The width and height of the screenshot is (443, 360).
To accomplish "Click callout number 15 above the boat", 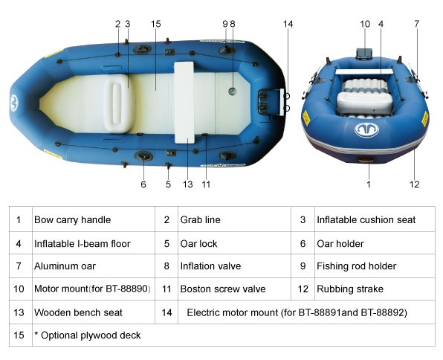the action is click(x=155, y=24).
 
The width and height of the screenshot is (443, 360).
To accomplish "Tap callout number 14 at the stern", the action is click(x=288, y=24).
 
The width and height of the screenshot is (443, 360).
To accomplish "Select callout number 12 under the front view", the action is click(x=415, y=184).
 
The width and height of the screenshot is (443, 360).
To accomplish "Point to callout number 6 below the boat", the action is click(x=143, y=184).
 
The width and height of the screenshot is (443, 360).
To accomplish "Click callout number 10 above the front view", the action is click(x=365, y=24).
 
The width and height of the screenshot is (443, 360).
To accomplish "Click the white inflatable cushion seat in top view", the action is click(x=119, y=104).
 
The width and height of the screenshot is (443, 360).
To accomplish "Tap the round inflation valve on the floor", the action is click(x=232, y=91).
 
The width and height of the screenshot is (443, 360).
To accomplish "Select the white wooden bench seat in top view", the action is click(x=184, y=103).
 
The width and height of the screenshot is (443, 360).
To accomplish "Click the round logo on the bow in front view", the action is click(x=366, y=130).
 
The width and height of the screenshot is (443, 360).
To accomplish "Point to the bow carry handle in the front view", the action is click(x=366, y=160).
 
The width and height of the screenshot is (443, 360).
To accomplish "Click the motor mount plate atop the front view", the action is click(x=364, y=54).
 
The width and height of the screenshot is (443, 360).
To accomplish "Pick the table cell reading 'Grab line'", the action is click(x=200, y=219).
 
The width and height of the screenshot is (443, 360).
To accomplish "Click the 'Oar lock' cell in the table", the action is click(x=198, y=244).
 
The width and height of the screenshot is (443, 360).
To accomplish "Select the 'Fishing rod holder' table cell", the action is click(x=356, y=266).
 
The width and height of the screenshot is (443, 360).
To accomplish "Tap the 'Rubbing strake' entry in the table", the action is click(x=350, y=289).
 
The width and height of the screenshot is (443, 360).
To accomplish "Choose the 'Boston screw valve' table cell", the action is click(x=223, y=289).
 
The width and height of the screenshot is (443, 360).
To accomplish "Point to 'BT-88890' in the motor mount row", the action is click(x=127, y=289).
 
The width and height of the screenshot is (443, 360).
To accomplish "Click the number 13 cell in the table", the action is click(x=19, y=312).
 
